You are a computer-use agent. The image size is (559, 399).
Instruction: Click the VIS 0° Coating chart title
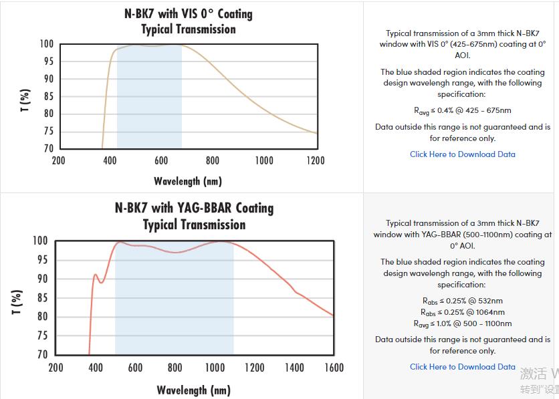pyautogui.click(x=188, y=14)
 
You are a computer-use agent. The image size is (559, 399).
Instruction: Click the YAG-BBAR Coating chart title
pyautogui.click(x=194, y=208)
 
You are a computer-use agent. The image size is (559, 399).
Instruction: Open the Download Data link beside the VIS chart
pyautogui.click(x=462, y=154)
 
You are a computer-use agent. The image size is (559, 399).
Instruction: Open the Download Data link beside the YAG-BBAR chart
pyautogui.click(x=462, y=367)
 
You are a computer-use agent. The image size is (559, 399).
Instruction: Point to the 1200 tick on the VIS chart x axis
pyautogui.click(x=315, y=160)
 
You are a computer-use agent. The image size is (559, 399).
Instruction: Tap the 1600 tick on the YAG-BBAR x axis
pyautogui.click(x=334, y=368)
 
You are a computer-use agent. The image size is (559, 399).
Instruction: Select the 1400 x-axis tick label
pyautogui.click(x=294, y=368)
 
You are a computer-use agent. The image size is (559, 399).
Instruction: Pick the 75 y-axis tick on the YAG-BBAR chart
pyautogui.click(x=41, y=336)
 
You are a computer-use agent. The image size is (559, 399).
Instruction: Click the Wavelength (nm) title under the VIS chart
pyautogui.click(x=187, y=181)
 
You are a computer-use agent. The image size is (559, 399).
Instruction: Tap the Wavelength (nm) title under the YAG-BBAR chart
pyautogui.click(x=193, y=390)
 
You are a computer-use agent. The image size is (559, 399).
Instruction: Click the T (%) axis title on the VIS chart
pyautogui.click(x=25, y=100)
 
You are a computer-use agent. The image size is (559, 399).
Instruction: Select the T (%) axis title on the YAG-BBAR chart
pyautogui.click(x=17, y=301)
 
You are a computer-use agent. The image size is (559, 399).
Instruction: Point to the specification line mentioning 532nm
pyautogui.click(x=462, y=301)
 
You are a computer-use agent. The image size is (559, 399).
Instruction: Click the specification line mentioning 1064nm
pyautogui.click(x=462, y=312)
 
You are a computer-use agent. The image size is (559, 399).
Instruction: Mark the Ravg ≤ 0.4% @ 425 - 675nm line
pyautogui.click(x=462, y=110)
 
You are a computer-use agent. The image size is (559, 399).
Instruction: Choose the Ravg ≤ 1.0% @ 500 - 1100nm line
pyautogui.click(x=462, y=323)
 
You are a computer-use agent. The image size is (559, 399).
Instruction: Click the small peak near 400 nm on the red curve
pyautogui.click(x=95, y=275)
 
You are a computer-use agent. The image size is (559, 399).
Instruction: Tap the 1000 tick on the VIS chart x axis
pyautogui.click(x=263, y=160)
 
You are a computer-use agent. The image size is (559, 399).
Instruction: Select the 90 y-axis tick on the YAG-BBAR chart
pyautogui.click(x=41, y=279)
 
